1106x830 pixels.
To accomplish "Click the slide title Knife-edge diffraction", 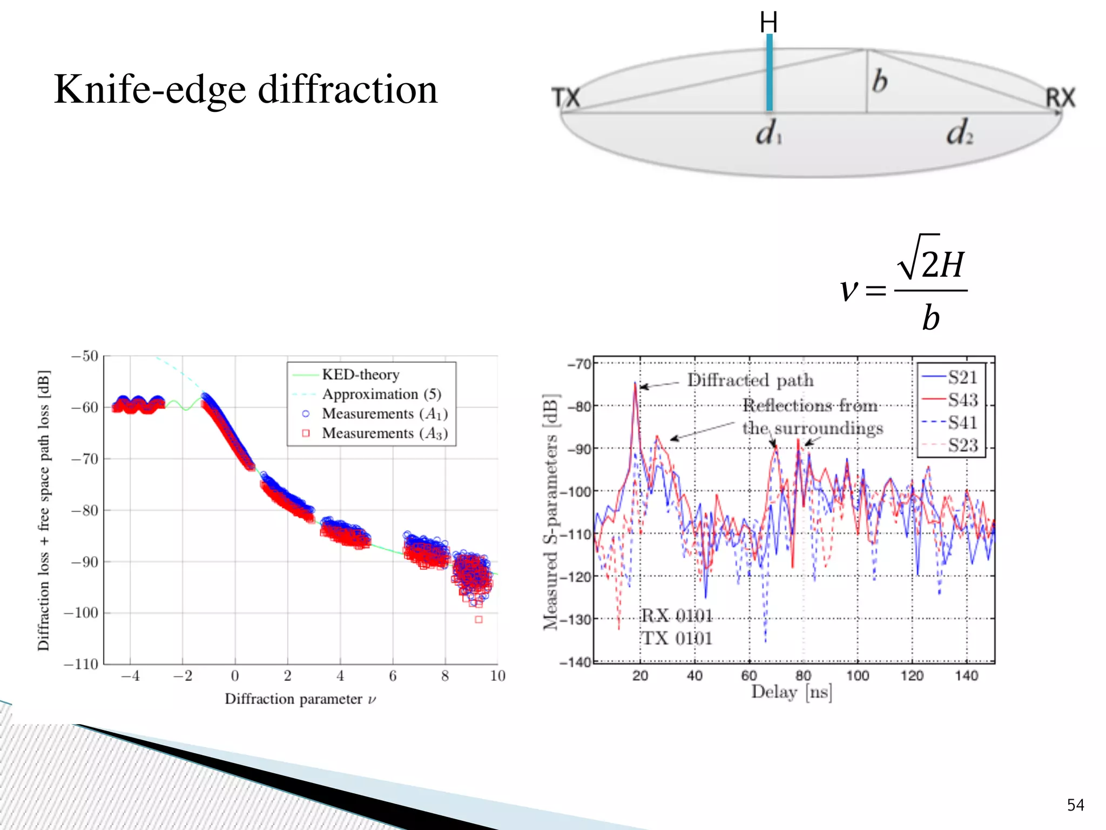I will [x=246, y=90].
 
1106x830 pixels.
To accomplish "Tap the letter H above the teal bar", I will [x=768, y=23].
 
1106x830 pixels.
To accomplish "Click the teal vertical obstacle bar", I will [x=769, y=73].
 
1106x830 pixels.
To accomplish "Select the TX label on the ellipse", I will [x=565, y=98].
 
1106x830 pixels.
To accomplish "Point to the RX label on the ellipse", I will [x=1060, y=98].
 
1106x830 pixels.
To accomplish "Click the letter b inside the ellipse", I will [x=880, y=81].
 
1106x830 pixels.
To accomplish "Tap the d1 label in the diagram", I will [x=768, y=133].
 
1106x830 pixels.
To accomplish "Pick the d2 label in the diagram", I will [x=959, y=133].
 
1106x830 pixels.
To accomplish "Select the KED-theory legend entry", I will [x=360, y=374].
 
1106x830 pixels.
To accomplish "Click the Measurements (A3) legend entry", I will [x=384, y=433].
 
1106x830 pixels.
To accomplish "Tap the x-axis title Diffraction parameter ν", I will [x=300, y=699].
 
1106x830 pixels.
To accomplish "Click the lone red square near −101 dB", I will [x=478, y=620].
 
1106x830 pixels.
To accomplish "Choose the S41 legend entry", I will [x=962, y=423].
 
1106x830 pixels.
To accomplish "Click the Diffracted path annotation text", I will [x=750, y=380].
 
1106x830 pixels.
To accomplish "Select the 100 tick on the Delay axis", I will [x=857, y=675].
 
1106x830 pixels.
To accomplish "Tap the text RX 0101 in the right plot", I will [x=676, y=615].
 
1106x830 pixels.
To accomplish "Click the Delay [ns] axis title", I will [x=791, y=692].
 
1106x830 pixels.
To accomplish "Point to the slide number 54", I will [x=1075, y=805].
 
